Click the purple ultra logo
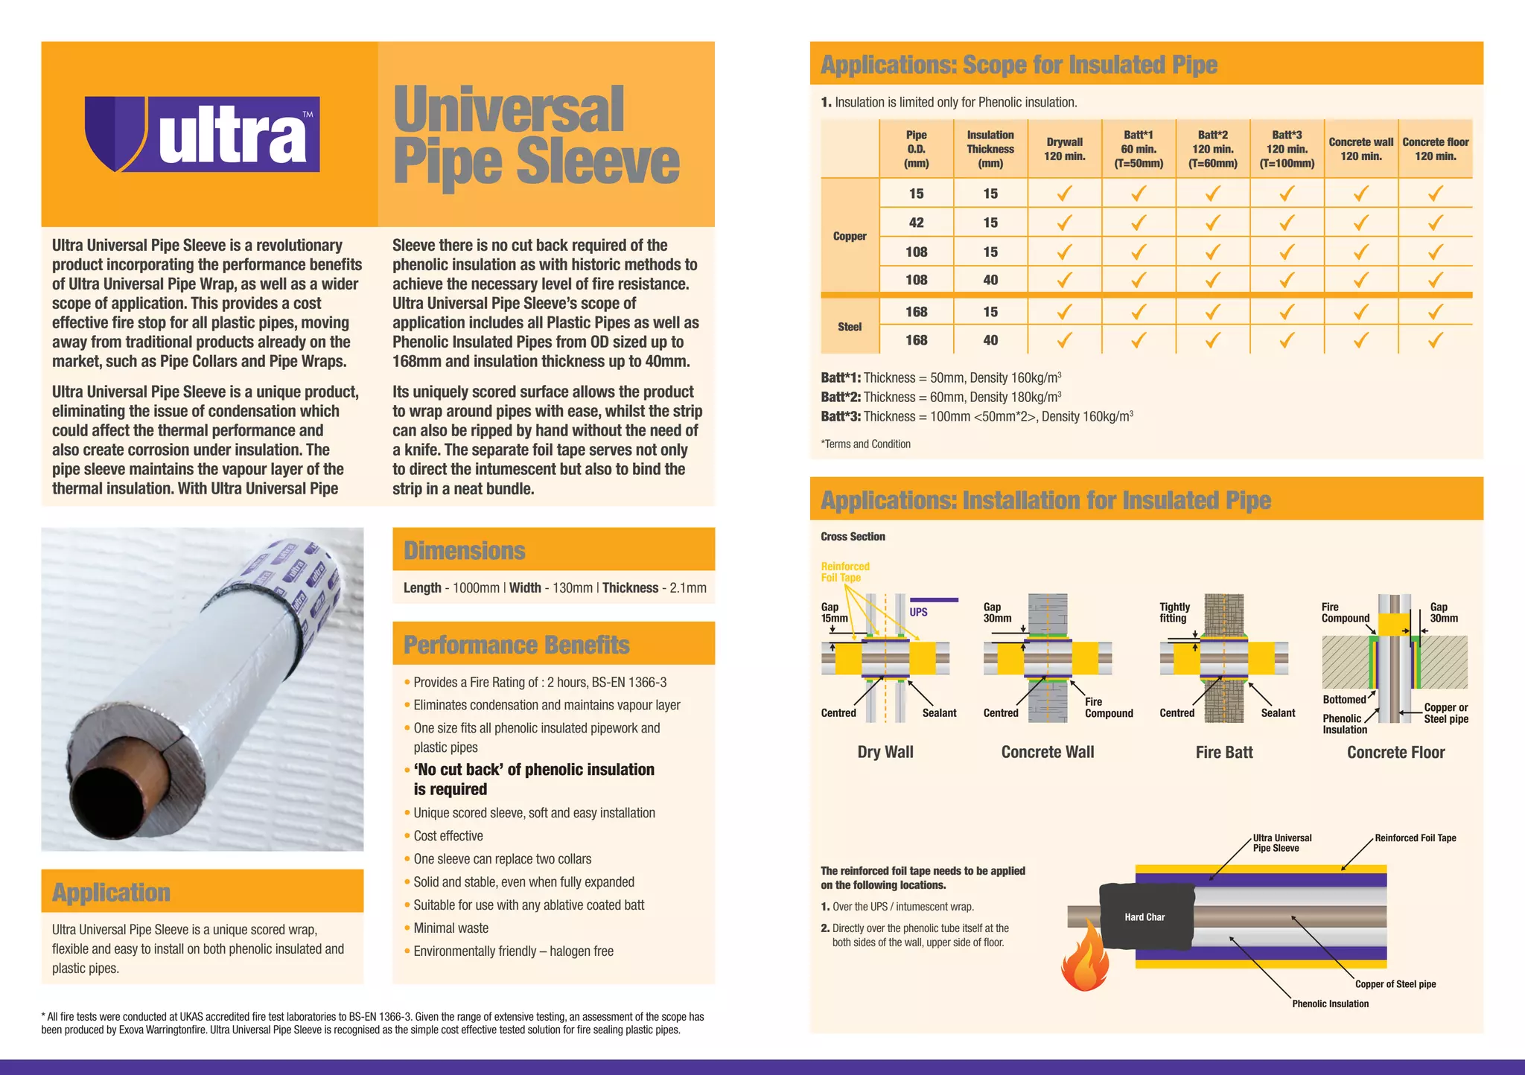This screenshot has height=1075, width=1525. click(x=203, y=134)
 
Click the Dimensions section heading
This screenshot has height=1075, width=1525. click(x=465, y=550)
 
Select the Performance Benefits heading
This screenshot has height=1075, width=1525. click(x=517, y=644)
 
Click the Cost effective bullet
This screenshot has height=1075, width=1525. click(x=448, y=836)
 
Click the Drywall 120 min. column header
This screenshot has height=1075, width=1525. click(x=1064, y=149)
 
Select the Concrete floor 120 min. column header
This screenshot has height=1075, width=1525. click(x=1435, y=149)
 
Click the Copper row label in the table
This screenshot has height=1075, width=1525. click(x=850, y=236)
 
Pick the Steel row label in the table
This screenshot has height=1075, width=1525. click(x=850, y=326)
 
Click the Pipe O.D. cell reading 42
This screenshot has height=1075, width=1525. click(x=916, y=223)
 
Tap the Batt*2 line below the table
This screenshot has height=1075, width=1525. click(x=941, y=397)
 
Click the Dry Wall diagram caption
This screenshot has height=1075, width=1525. click(x=885, y=752)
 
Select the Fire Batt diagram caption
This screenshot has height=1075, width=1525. click(x=1224, y=752)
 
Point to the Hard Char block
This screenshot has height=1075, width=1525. click(x=1144, y=916)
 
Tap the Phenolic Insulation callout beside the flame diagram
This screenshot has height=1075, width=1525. click(x=1330, y=1004)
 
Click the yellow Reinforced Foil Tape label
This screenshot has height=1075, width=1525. click(x=845, y=572)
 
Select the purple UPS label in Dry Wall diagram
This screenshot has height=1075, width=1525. click(x=919, y=612)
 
